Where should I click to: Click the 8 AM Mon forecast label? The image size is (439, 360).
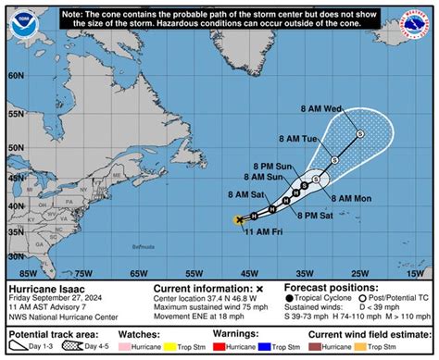click(351, 198)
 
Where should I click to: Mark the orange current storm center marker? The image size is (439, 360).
click(240, 219)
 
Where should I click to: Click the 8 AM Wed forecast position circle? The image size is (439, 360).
click(360, 133)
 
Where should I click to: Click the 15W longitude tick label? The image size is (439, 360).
click(415, 274)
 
